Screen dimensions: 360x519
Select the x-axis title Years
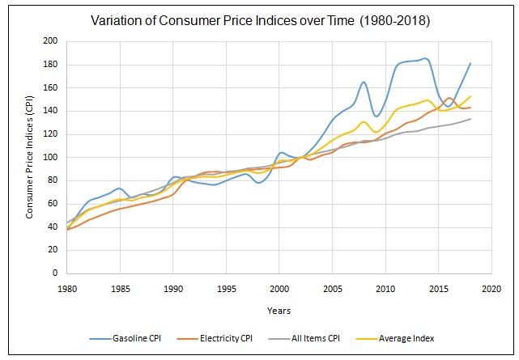point(279,310)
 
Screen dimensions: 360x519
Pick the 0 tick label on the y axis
point(54,273)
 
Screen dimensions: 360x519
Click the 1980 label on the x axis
point(66,287)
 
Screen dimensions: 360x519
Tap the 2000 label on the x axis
point(279,287)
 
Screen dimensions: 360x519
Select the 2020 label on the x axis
point(491,287)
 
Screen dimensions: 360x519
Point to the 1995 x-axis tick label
point(226,287)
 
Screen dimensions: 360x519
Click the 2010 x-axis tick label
point(385,287)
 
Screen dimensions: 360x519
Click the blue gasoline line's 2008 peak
point(364,82)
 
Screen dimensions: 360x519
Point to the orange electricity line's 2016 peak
point(449,98)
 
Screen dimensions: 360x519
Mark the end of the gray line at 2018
point(470,119)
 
